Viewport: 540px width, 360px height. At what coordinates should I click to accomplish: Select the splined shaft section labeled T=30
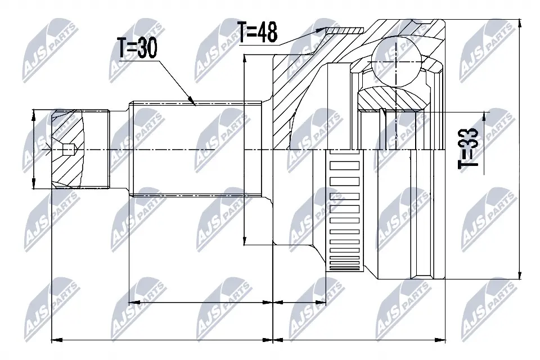[197, 150]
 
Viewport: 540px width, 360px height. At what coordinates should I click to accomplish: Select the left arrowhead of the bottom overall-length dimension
[54, 340]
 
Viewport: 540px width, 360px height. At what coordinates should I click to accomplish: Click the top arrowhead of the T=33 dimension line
[483, 114]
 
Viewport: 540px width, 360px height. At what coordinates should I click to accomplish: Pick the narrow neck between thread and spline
[119, 150]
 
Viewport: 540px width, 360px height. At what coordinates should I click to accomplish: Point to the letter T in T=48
[242, 32]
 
